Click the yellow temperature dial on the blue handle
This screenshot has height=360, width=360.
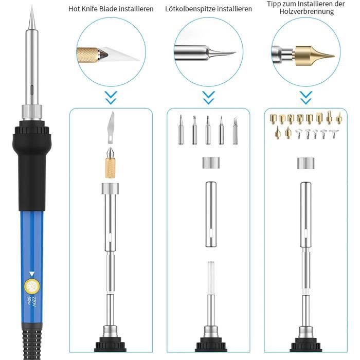point(30,286)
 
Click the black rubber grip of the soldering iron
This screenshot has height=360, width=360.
point(31,159)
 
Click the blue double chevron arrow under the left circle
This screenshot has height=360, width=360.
point(111,96)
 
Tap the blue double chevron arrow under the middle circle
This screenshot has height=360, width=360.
point(208,96)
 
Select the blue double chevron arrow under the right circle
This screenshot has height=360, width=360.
point(305,96)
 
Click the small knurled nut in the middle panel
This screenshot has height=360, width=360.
point(208,164)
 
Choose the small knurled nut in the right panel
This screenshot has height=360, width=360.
point(305,164)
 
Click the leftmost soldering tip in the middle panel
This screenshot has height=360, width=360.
point(181,124)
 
